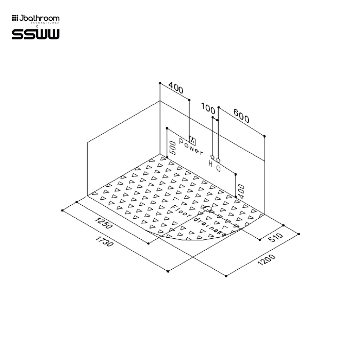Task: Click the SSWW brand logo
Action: pos(36,34)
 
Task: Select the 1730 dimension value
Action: pos(104,241)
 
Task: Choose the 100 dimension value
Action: pos(208,106)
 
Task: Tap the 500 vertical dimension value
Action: pos(172,148)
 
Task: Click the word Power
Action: pos(191,147)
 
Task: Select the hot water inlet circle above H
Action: pos(212,157)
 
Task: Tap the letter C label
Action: pos(218,168)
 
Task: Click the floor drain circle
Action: pos(208,209)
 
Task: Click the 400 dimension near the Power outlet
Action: pos(176,88)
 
